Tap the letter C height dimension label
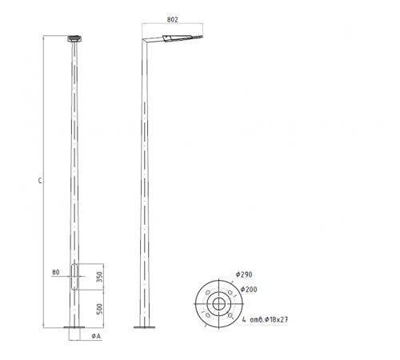coord(40,181)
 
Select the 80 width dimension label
coord(55,274)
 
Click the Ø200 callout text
coord(248,289)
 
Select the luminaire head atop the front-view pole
coord(74,38)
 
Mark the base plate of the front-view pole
coord(75,327)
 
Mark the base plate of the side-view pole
coord(146,327)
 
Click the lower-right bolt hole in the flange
coord(230,317)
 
